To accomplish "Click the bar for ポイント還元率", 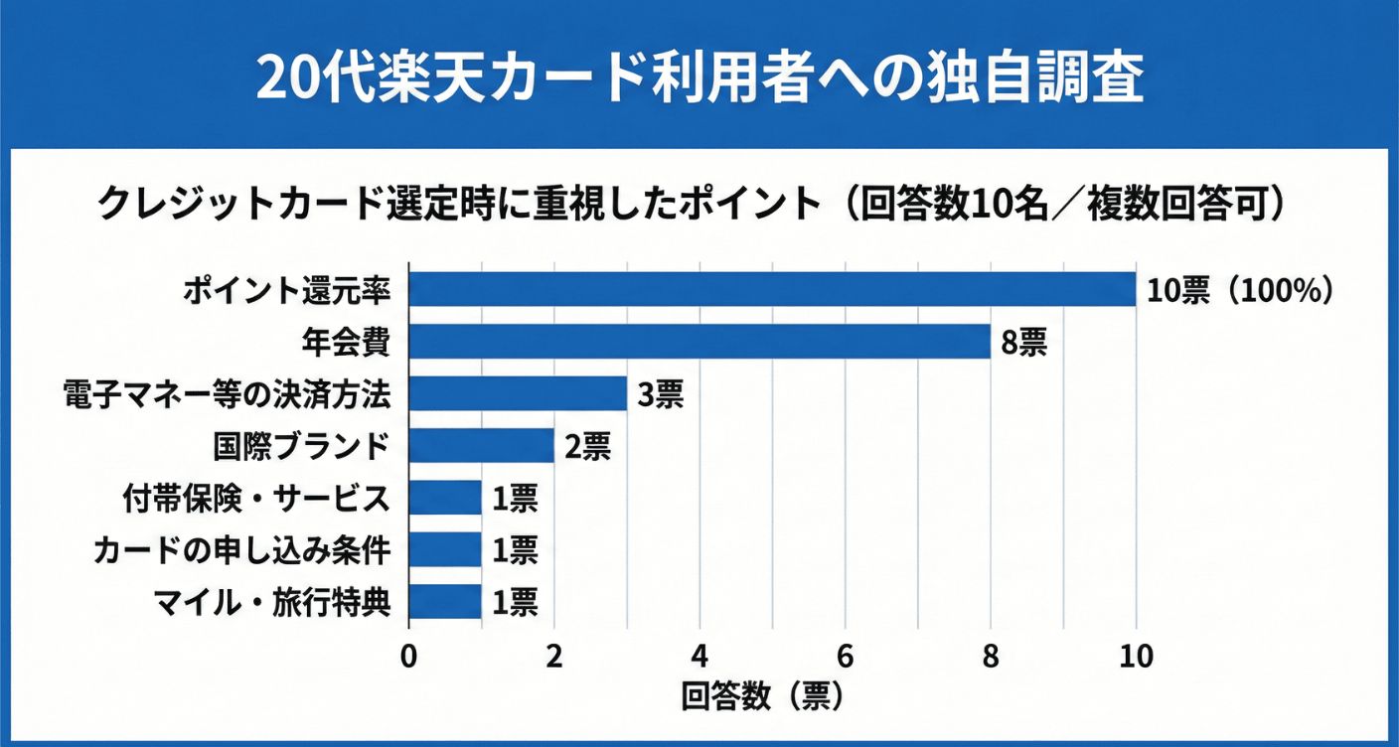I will tap(772, 289).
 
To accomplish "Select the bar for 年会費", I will tap(699, 342).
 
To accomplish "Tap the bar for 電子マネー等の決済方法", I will tap(518, 393).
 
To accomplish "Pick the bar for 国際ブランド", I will tap(481, 446).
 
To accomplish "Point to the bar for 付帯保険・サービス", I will tap(445, 498).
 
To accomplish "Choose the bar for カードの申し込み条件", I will tap(445, 549).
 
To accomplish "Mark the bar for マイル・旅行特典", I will tap(445, 601).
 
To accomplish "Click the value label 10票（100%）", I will tap(1238, 290).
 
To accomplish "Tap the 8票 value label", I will tap(1024, 343).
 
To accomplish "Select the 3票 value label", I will tap(661, 394).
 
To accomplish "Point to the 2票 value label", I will tap(587, 447).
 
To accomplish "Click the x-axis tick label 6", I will tap(846, 657).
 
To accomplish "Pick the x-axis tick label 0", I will tap(409, 657).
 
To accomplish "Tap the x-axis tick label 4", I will tap(700, 657).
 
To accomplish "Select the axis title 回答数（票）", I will tap(763, 696).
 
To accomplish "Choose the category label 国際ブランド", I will tap(301, 446).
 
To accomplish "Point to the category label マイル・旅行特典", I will tap(270, 602).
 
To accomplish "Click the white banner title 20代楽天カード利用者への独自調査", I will tap(699, 76).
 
